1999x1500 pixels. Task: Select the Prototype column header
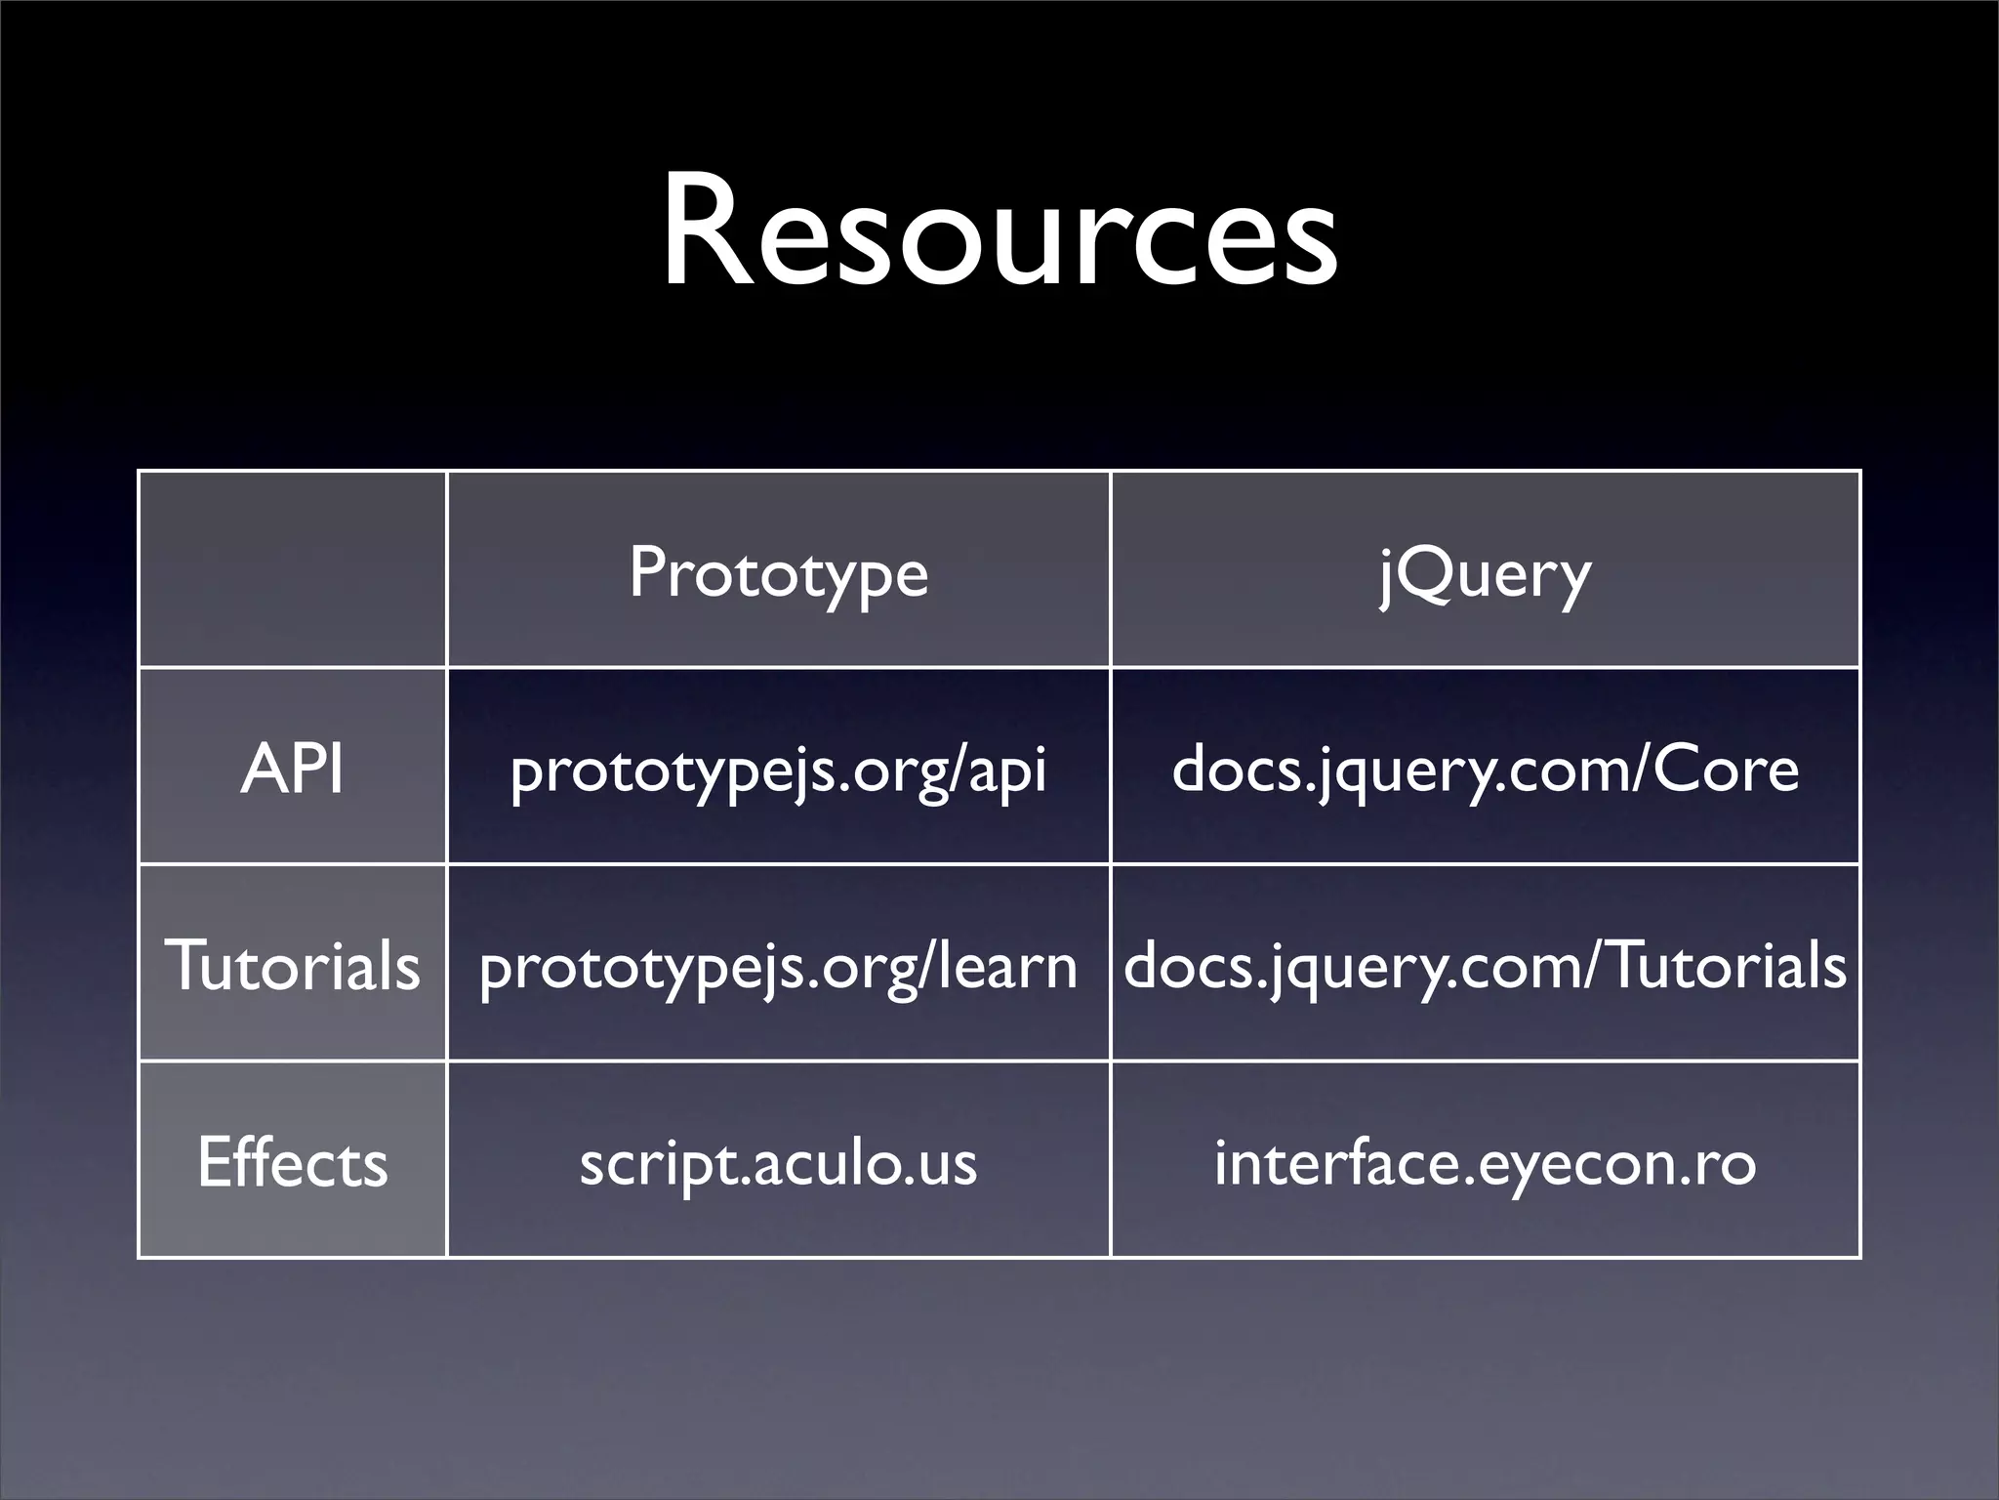778,572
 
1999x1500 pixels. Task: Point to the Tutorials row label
292,965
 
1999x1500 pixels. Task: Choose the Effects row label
292,1162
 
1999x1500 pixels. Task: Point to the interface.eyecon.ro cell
1485,1162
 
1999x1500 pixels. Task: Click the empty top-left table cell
292,569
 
